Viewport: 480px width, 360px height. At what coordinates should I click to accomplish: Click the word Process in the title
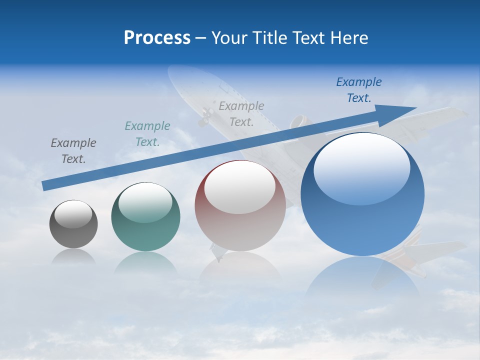click(157, 38)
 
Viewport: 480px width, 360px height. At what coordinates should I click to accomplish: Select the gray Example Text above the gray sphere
click(73, 150)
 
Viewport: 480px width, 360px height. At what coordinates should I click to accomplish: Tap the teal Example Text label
click(147, 133)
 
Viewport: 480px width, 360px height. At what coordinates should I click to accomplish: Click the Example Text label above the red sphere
click(241, 113)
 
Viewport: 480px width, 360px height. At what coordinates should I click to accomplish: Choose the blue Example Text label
click(358, 89)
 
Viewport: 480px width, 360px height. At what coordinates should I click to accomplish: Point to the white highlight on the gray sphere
click(73, 214)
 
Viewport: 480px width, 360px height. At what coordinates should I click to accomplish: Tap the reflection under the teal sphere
click(145, 262)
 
